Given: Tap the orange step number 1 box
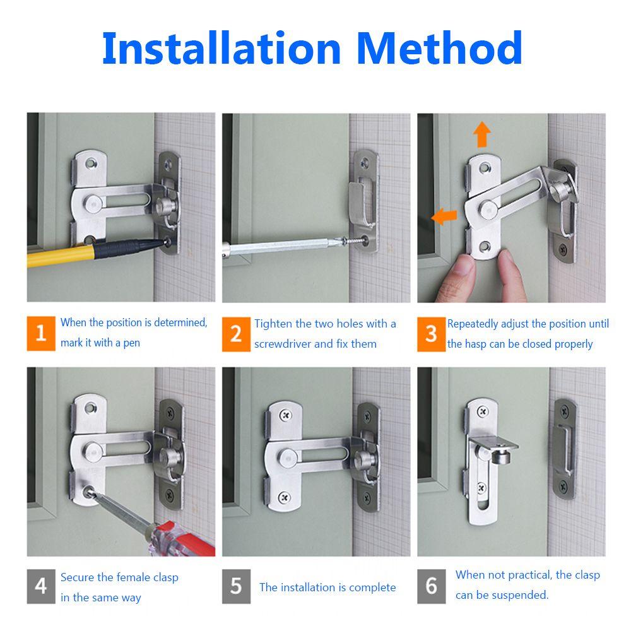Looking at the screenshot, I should click(41, 333).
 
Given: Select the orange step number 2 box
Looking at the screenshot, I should click(236, 333).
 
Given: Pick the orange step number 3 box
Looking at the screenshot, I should click(431, 333).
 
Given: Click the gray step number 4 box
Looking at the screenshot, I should click(41, 586).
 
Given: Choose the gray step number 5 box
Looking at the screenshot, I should click(236, 586).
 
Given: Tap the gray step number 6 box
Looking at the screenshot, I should click(431, 586).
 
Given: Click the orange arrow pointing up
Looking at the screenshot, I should click(482, 134).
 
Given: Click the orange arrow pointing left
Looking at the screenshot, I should click(444, 217).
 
